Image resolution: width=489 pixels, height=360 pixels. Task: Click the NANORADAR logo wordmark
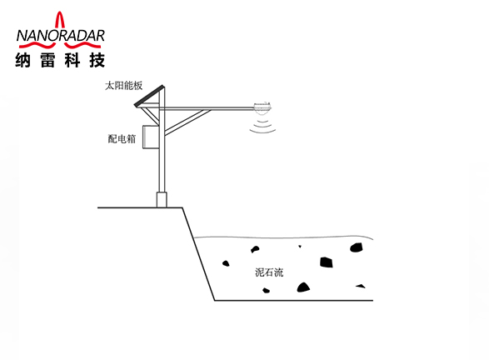click(61, 36)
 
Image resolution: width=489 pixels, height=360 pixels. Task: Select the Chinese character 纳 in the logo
click(22, 60)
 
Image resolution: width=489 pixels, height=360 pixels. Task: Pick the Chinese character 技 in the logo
click(97, 60)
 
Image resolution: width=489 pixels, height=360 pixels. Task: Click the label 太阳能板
click(124, 86)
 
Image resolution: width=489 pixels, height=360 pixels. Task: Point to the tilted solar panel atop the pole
click(149, 96)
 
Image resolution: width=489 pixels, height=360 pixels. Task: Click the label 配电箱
click(122, 139)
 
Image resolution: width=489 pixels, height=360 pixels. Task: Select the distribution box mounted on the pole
click(151, 137)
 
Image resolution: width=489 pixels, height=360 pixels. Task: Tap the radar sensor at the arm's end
click(262, 107)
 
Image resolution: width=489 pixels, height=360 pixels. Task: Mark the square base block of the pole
click(162, 200)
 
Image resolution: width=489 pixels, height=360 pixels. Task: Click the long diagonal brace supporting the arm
click(187, 122)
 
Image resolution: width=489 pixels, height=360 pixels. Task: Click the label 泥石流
click(269, 272)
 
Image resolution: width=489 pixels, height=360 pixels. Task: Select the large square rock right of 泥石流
click(327, 262)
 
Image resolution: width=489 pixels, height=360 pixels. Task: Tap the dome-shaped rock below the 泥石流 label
click(303, 287)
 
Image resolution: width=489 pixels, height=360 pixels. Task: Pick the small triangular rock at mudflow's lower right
click(361, 286)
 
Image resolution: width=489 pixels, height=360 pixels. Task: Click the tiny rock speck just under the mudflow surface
click(300, 247)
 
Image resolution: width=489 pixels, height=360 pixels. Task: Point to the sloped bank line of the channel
click(198, 254)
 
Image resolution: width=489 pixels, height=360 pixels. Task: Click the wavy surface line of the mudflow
click(283, 237)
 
